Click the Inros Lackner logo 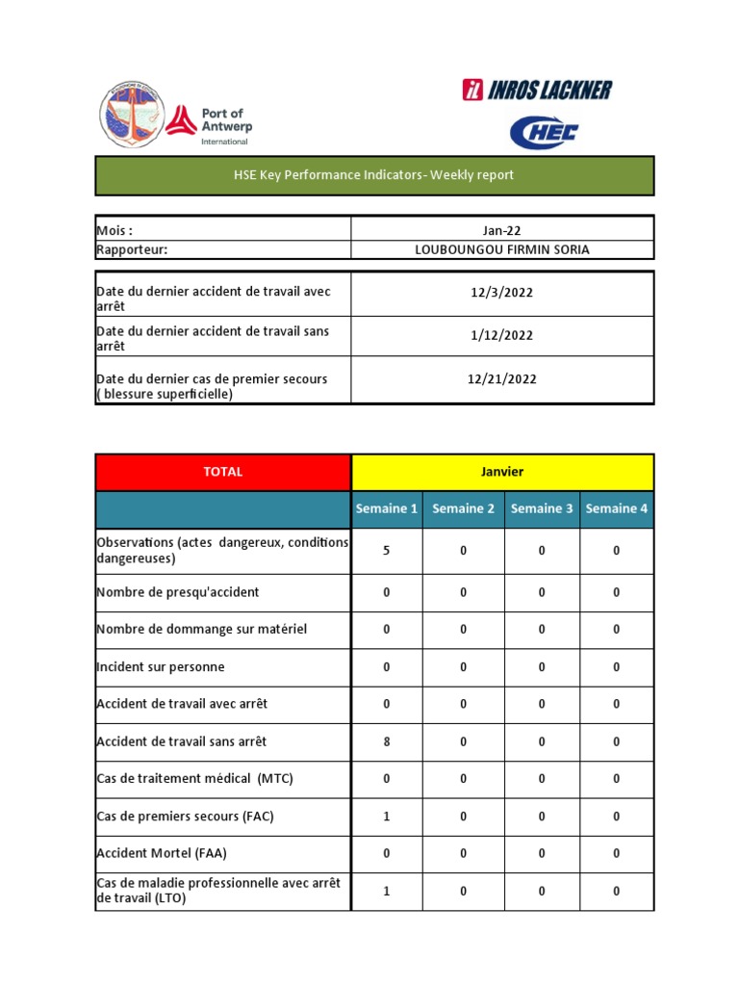click(x=537, y=90)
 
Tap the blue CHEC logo click(x=543, y=131)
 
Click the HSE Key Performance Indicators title click(x=373, y=175)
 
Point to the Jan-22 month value click(x=501, y=230)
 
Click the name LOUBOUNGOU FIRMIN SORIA click(x=501, y=249)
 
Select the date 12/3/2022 click(x=501, y=293)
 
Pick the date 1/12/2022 click(x=501, y=336)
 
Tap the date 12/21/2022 click(x=501, y=379)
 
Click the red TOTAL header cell click(x=222, y=472)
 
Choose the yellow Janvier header click(x=502, y=472)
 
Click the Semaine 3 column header click(x=542, y=508)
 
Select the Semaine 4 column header click(x=617, y=508)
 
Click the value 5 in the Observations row click(x=387, y=551)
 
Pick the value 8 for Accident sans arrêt click(x=387, y=742)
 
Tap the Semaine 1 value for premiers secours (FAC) click(x=387, y=817)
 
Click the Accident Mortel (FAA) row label click(x=162, y=853)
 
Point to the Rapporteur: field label click(x=132, y=249)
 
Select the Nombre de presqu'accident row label click(x=177, y=592)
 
